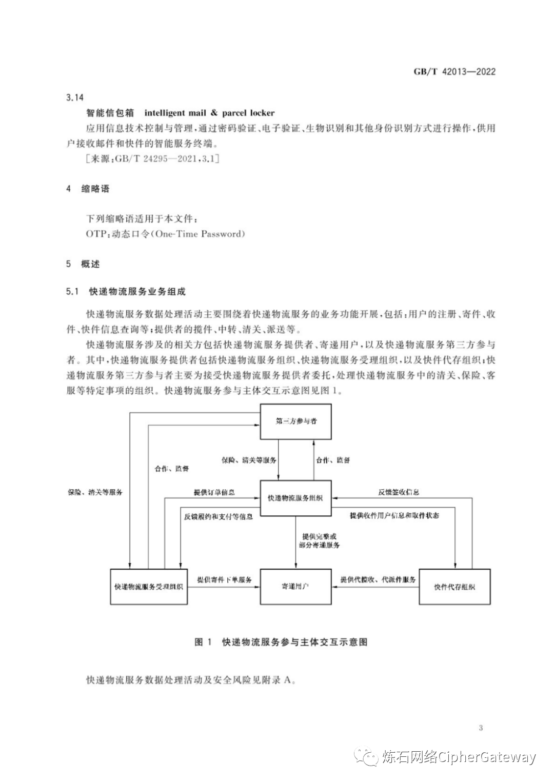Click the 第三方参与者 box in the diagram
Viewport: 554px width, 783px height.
pos(295,421)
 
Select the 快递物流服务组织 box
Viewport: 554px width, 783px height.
pos(295,498)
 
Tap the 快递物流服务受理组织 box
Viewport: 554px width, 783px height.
pos(149,587)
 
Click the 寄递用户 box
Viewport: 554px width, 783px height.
pos(295,587)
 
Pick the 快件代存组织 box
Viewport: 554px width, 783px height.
pos(454,587)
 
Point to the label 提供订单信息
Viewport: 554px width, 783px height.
pos(214,492)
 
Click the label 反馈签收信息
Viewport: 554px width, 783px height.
pos(399,492)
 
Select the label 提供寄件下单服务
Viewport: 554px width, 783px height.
pos(224,579)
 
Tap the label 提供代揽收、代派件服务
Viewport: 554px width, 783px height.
pos(378,579)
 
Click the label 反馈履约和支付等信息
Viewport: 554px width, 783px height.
pos(218,516)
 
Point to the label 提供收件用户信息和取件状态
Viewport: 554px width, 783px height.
pos(394,516)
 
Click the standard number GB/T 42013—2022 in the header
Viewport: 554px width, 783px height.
pos(454,72)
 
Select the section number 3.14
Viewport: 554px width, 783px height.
pos(75,97)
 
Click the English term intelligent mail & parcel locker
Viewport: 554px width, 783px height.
pos(209,113)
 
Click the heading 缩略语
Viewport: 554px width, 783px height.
pos(95,189)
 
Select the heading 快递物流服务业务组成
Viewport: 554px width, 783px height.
pos(137,292)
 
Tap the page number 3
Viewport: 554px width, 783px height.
pos(481,728)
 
